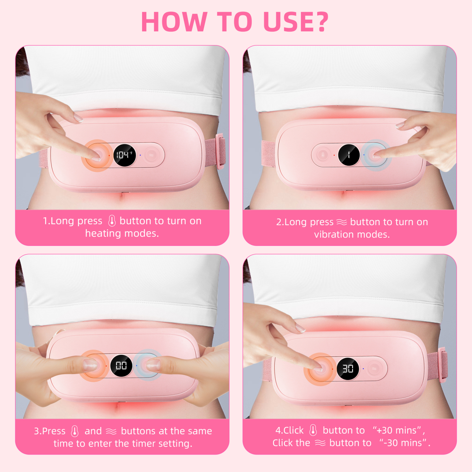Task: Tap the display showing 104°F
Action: point(124,155)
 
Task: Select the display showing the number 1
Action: point(349,155)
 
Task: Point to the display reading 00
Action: point(121,366)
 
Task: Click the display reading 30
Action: point(348,369)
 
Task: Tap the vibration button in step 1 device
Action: point(151,155)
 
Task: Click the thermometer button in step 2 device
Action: point(323,155)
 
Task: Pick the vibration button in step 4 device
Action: point(374,369)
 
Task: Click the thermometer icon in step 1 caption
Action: point(112,221)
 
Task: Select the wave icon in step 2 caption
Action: point(342,222)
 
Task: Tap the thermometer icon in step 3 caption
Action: point(75,431)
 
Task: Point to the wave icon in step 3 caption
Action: point(111,431)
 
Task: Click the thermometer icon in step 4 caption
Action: point(313,430)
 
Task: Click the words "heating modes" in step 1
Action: point(122,233)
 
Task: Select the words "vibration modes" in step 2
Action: point(352,235)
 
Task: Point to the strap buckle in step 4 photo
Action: point(443,365)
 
